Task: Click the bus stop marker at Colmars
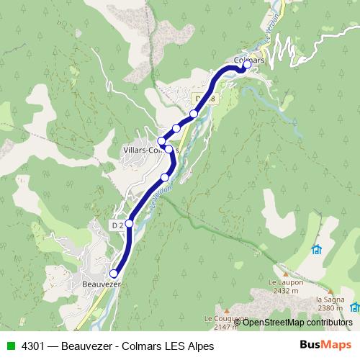click(247, 64)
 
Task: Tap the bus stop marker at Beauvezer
click(113, 274)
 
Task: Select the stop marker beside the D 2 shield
click(130, 223)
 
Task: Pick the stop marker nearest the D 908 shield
click(194, 114)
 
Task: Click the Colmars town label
click(251, 62)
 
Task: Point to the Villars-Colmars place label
click(148, 150)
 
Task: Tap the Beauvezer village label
click(99, 284)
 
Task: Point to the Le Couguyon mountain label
click(226, 318)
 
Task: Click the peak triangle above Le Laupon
click(286, 274)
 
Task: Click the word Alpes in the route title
click(199, 346)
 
